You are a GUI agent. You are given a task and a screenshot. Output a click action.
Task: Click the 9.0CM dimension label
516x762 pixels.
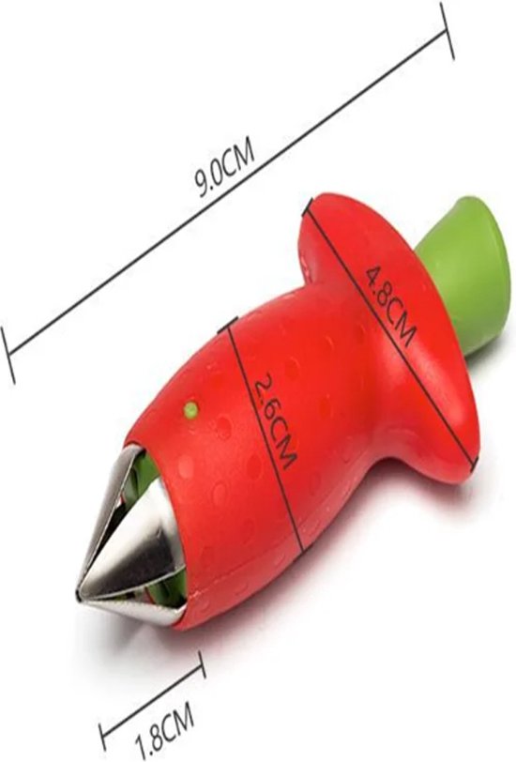pos(225,170)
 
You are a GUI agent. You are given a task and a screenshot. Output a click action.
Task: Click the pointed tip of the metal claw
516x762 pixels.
pos(79,593)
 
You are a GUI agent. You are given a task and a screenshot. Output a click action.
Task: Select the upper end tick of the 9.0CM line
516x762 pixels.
pos(447,31)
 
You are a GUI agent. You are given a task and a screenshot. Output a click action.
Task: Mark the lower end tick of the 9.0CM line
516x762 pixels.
pos(8,355)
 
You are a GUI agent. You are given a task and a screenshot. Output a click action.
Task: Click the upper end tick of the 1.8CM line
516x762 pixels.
pos(202,664)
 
